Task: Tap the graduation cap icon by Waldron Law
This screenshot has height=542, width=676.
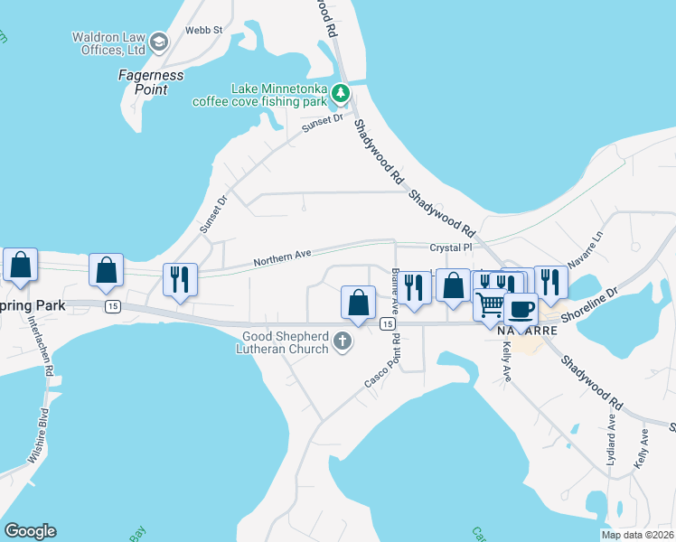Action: pyautogui.click(x=159, y=42)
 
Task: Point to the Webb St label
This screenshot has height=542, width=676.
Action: pyautogui.click(x=203, y=30)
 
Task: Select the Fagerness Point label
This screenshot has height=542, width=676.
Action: pyautogui.click(x=151, y=81)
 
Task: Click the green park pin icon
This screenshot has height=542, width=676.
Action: pyautogui.click(x=340, y=92)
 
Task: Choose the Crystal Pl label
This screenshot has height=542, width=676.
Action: pyautogui.click(x=451, y=248)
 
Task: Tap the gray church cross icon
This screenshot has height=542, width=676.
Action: pyautogui.click(x=342, y=341)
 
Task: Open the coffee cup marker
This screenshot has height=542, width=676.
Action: pyautogui.click(x=521, y=308)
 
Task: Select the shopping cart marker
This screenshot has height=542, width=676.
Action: pyautogui.click(x=490, y=304)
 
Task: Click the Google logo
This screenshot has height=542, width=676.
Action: pyautogui.click(x=30, y=531)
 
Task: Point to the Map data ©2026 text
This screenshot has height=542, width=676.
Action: pyautogui.click(x=637, y=535)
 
